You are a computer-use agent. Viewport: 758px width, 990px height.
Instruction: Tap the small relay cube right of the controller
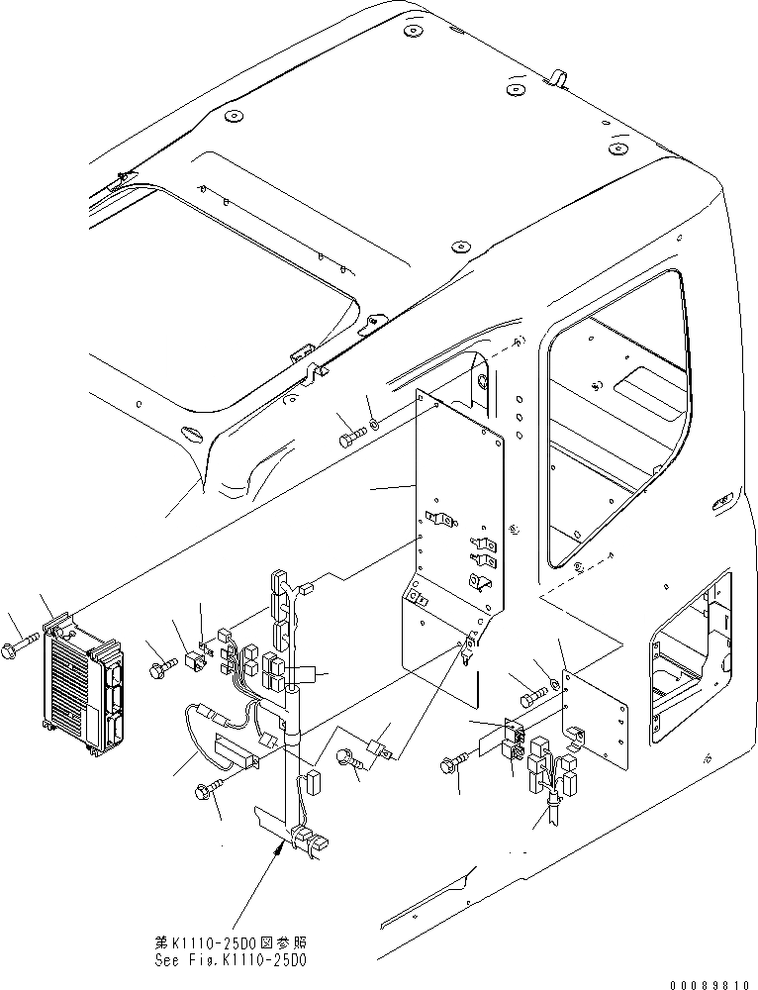coord(196,658)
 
